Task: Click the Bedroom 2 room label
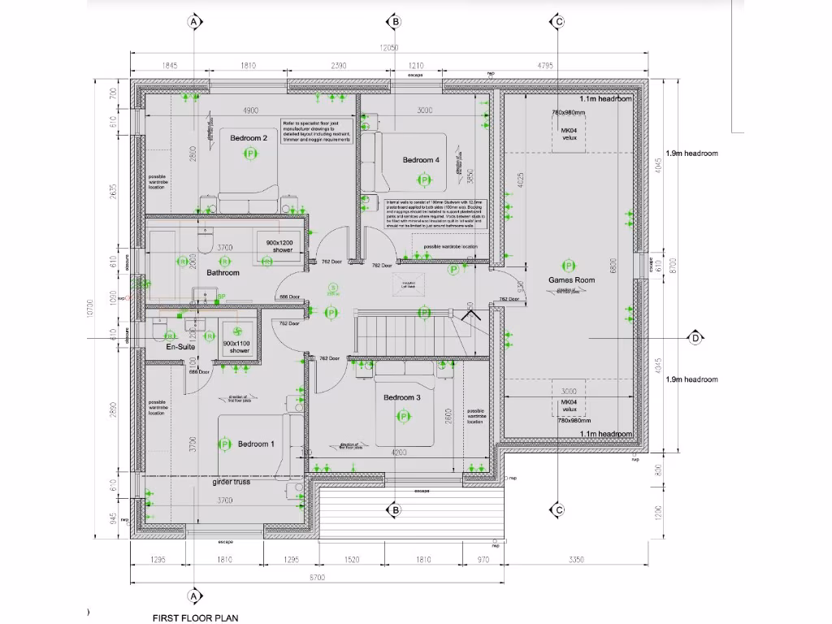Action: point(249,138)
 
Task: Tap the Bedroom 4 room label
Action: point(421,160)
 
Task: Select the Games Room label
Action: point(571,280)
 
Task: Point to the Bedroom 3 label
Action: point(401,397)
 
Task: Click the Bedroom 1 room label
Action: point(256,444)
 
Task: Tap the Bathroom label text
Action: point(223,273)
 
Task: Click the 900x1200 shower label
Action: point(274,245)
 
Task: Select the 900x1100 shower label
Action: point(237,347)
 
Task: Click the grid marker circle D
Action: point(695,337)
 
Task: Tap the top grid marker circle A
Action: point(193,21)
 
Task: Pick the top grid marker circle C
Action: point(558,21)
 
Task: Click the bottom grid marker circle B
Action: point(395,510)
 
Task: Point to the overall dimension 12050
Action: point(391,48)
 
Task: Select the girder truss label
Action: point(231,482)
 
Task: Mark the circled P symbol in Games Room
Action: point(569,266)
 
